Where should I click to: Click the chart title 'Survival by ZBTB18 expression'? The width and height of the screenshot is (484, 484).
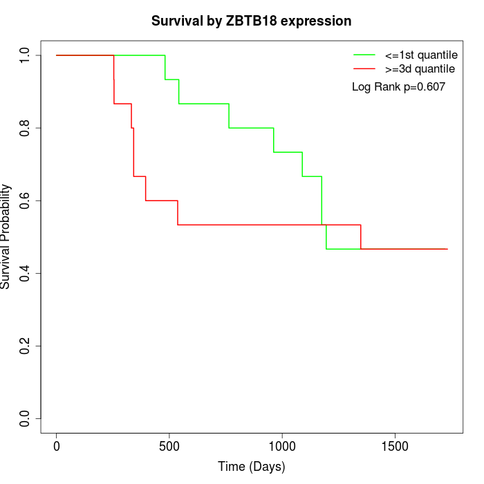pos(252,21)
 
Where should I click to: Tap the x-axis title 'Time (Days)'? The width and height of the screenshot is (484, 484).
pos(252,467)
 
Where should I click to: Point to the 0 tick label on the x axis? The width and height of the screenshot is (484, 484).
pos(57,445)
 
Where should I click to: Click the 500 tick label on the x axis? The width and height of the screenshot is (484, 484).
pos(169,445)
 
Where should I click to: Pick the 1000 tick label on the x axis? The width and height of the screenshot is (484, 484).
pos(282,445)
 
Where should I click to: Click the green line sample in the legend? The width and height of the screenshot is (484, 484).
pos(364,55)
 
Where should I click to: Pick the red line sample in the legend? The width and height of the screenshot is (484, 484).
pos(364,68)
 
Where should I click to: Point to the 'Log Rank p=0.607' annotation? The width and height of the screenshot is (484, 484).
pos(398,86)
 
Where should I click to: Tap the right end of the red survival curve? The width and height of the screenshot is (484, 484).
pos(447,249)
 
